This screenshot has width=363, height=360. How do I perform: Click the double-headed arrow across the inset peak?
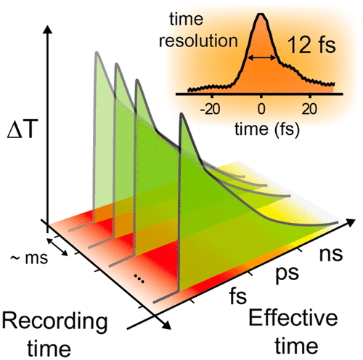click(x=262, y=56)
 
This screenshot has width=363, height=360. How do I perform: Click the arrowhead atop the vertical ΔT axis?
click(x=48, y=30)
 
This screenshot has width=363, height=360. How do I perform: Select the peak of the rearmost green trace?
click(x=94, y=56)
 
